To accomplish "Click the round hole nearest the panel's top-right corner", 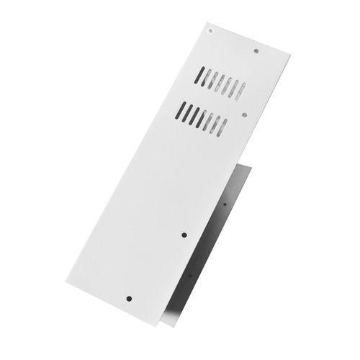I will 256,51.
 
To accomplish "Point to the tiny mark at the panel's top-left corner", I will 210,30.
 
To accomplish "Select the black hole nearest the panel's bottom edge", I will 129,298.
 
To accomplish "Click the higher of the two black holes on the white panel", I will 184,235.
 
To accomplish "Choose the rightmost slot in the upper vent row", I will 241,91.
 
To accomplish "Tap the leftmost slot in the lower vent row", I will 181,110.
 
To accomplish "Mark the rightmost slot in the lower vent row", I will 222,127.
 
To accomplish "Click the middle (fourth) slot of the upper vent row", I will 221,83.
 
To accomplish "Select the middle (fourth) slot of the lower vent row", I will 202,118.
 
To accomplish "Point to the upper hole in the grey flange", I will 224,204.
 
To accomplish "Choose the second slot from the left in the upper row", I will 207,78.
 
